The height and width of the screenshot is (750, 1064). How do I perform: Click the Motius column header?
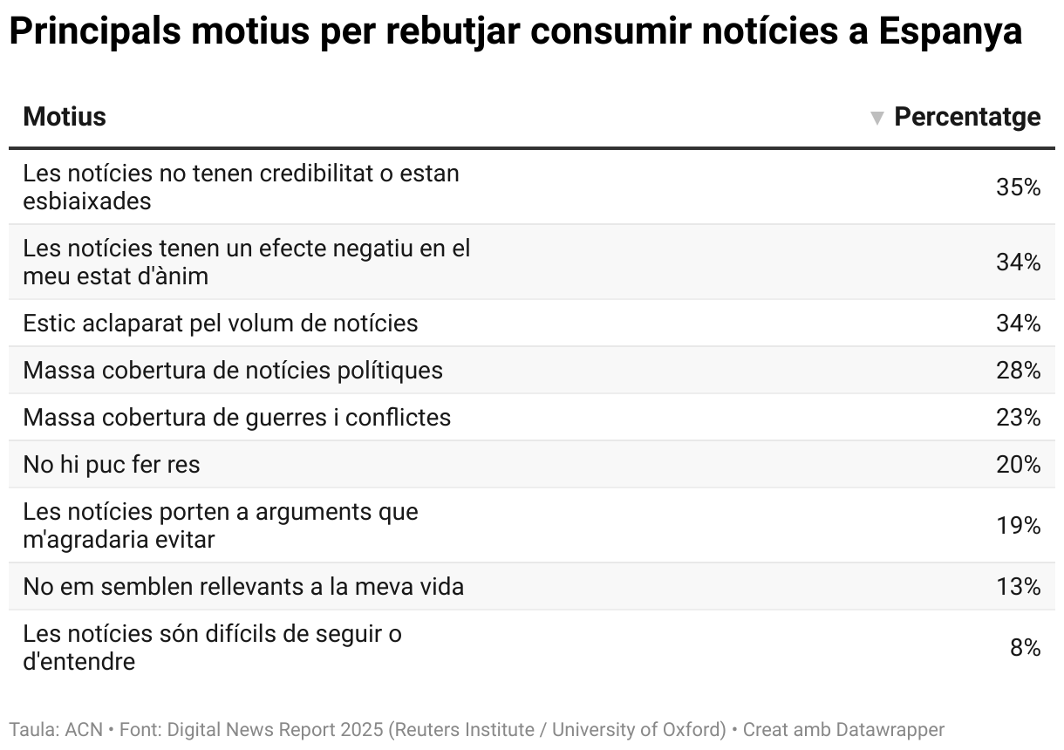65,117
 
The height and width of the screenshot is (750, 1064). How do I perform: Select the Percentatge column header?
967,117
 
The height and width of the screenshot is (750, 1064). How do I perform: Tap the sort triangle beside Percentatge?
877,118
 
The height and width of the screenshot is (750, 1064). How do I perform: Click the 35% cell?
1018,187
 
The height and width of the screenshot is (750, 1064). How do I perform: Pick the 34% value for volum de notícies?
1018,324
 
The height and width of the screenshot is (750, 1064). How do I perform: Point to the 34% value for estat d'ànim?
1018,262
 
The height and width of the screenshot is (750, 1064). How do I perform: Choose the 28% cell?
1018,371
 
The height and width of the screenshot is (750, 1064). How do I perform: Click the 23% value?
1018,418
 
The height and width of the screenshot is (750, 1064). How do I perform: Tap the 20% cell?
1018,465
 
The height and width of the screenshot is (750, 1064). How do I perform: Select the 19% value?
1018,525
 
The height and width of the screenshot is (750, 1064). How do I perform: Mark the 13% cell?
1018,587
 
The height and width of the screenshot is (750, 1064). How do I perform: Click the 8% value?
1025,647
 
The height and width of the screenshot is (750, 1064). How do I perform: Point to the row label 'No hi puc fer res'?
112,465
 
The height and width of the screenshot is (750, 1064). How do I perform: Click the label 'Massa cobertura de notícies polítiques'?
233,371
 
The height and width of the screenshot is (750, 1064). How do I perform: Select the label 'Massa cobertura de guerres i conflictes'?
237,418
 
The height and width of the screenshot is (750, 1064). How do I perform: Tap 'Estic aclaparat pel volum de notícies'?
221,324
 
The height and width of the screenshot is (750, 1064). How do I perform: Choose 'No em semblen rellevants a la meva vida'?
243,587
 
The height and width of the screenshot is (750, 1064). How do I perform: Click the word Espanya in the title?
950,33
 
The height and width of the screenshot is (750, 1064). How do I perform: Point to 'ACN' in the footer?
84,729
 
